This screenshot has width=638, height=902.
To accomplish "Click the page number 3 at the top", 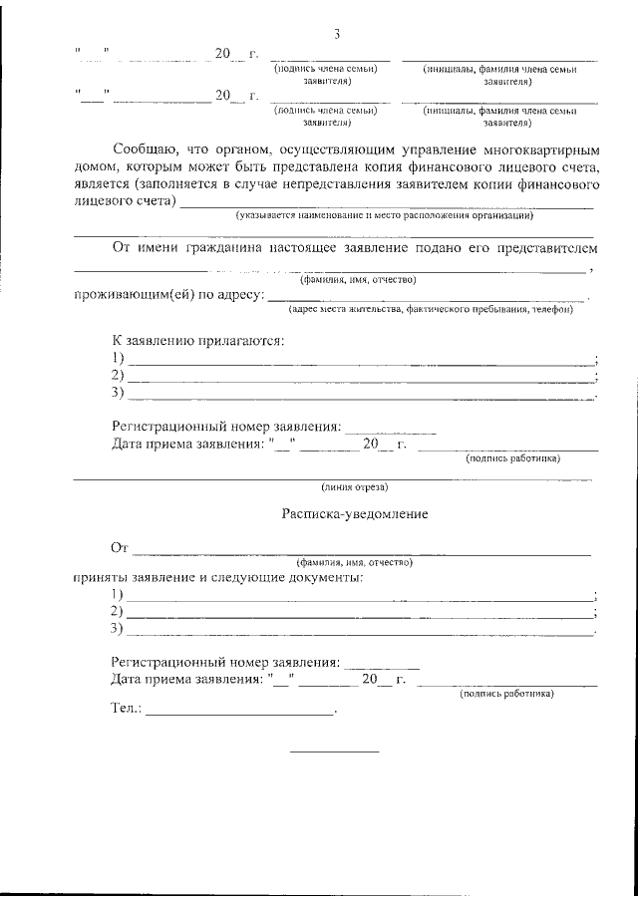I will pos(338,36).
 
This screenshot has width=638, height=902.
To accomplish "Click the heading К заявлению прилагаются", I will pos(198,341).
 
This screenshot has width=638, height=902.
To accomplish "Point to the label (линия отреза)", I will pos(354,487).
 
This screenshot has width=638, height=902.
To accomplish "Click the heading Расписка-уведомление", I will pos(354,515).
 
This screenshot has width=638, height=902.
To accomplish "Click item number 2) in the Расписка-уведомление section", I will pos(118,611).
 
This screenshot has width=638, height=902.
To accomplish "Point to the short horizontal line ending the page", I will pos(334,751).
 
